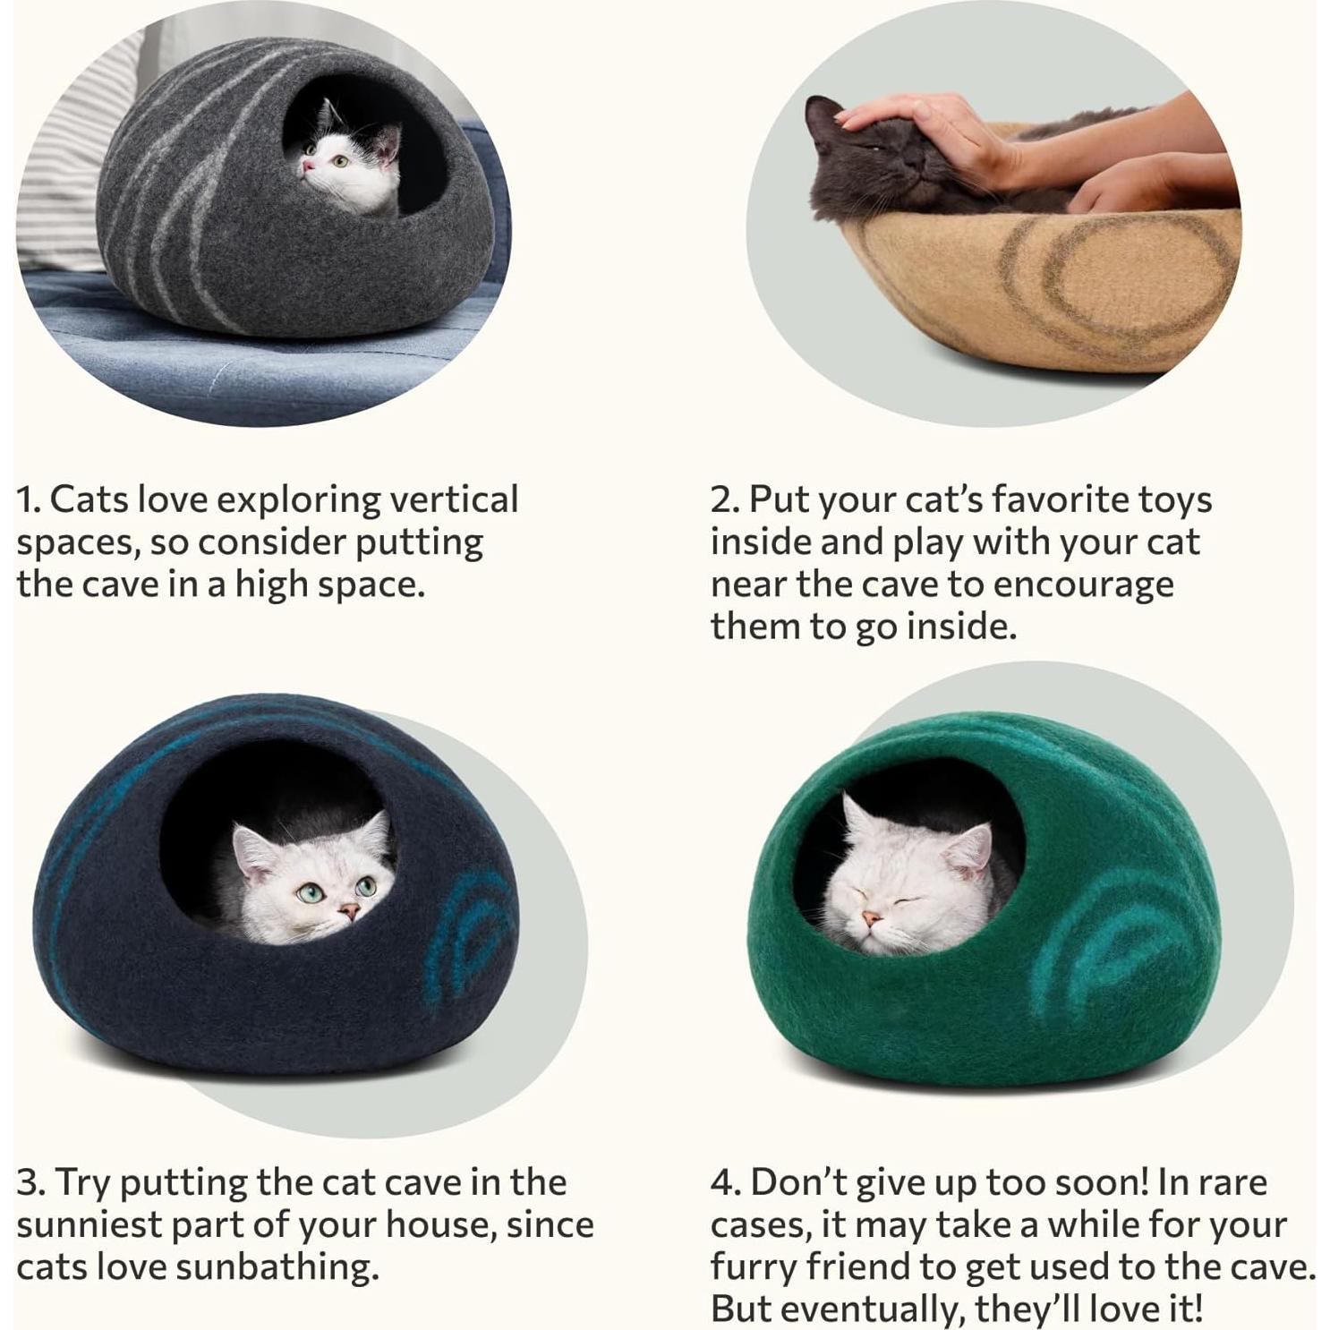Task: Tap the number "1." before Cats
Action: click(x=29, y=499)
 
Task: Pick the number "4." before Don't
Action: click(x=725, y=1182)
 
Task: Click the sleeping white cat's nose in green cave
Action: click(x=870, y=919)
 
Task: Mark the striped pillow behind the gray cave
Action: click(x=72, y=161)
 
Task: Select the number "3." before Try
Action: click(x=30, y=1182)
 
